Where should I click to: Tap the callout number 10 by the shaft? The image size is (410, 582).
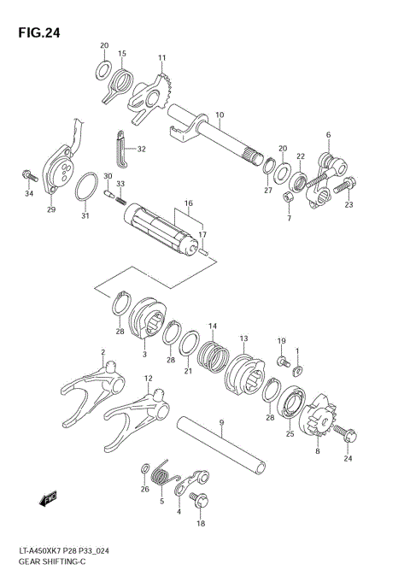coord(220,115)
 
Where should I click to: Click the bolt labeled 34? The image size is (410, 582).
coord(28,176)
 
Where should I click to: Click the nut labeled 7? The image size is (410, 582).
coord(289,197)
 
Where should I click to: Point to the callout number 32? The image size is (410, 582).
coord(141,149)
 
